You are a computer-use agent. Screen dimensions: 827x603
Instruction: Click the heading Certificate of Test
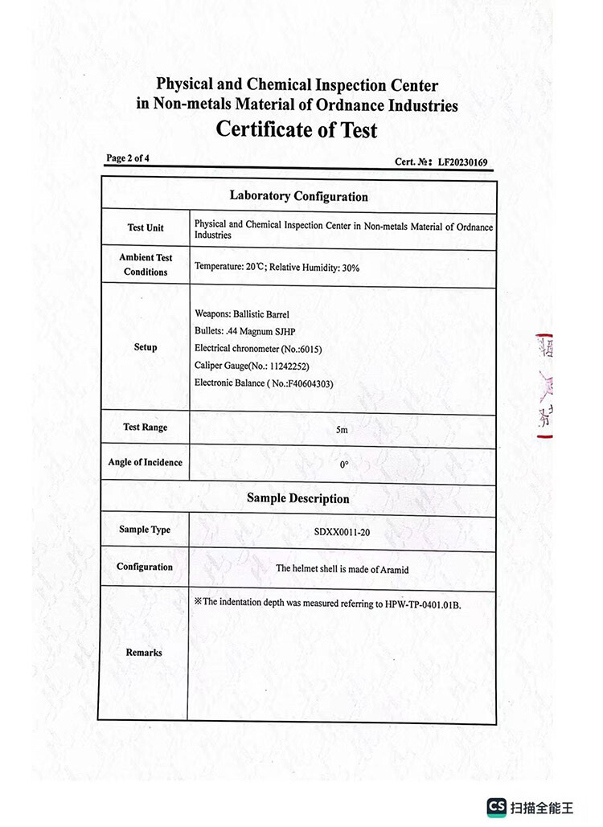(x=296, y=129)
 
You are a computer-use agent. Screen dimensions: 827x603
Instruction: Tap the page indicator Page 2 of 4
(x=127, y=158)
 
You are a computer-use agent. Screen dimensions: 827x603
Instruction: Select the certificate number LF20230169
(x=462, y=162)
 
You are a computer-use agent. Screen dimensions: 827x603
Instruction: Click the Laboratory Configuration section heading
(x=298, y=196)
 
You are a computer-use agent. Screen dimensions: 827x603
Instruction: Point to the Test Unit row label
(x=145, y=227)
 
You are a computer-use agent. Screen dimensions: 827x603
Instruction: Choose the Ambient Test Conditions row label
(x=146, y=264)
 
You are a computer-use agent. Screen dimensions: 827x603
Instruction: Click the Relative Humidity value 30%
(x=351, y=268)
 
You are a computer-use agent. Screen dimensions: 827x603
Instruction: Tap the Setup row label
(x=146, y=347)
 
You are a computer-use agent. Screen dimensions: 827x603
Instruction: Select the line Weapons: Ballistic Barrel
(x=242, y=313)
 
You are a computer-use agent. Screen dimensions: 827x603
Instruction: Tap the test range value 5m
(x=342, y=431)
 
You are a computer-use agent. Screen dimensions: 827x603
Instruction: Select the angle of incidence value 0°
(x=343, y=465)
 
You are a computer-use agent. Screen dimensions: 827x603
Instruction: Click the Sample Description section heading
(x=297, y=498)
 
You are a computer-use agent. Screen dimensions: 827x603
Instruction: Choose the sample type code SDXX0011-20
(x=343, y=532)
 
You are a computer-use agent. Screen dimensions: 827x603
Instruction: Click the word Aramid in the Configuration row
(x=394, y=569)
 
